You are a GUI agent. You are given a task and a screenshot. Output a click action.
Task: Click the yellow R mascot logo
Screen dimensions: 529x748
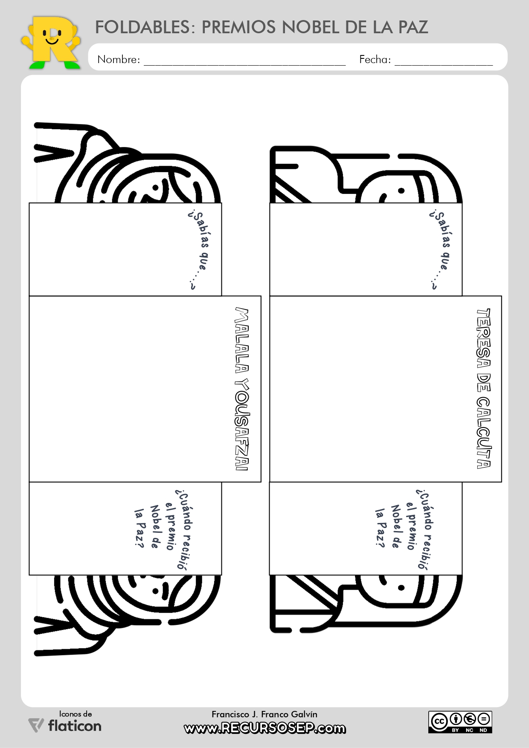[51, 43]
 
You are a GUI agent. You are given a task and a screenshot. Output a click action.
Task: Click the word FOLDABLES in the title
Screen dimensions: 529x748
[142, 27]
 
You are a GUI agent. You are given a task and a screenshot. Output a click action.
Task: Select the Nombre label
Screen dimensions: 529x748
[118, 59]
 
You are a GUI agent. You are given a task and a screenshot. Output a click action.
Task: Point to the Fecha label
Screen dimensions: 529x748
[375, 59]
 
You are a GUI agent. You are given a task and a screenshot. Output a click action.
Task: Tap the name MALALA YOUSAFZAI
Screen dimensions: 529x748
[242, 389]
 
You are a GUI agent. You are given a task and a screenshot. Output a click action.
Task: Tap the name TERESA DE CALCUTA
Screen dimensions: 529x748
[483, 388]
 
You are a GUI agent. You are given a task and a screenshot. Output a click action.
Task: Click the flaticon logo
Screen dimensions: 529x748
[65, 725]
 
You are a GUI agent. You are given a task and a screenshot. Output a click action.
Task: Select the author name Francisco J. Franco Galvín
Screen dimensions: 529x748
[264, 714]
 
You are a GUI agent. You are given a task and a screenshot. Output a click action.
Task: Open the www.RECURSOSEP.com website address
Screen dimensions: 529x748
[265, 728]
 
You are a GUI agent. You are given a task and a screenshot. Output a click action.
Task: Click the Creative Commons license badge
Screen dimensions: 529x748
[460, 722]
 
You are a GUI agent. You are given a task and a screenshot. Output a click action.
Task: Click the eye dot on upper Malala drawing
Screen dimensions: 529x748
[155, 188]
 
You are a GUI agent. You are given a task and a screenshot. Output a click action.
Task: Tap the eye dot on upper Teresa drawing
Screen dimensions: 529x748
[401, 191]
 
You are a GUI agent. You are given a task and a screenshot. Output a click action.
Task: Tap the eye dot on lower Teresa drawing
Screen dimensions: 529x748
[401, 588]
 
